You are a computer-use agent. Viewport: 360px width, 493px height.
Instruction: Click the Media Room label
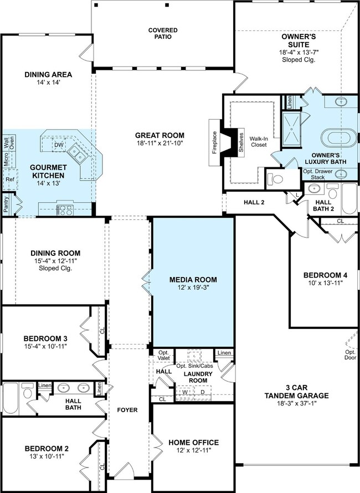click(193, 280)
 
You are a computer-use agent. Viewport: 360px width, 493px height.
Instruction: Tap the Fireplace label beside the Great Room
click(215, 142)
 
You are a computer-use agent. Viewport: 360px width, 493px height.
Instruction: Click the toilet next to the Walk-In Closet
click(275, 179)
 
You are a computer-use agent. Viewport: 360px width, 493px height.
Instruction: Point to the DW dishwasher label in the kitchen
click(59, 145)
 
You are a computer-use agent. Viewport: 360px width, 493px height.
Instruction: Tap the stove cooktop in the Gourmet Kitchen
click(65, 210)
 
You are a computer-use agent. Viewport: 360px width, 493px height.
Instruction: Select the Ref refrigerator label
click(10, 179)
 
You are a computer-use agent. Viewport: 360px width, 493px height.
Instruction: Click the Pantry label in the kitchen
click(6, 204)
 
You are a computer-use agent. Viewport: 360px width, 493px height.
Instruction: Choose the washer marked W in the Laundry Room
click(185, 392)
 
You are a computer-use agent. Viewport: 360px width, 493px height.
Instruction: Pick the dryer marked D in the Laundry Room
click(203, 392)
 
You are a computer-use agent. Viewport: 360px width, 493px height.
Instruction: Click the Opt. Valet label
click(163, 355)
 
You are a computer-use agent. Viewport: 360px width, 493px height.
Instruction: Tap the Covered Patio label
click(163, 33)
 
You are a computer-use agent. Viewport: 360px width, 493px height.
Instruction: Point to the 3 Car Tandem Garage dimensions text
click(296, 403)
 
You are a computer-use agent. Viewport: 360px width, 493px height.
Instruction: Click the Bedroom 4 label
click(325, 275)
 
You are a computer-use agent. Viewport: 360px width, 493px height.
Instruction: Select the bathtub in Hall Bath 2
click(349, 199)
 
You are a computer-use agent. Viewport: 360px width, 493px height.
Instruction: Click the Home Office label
click(193, 443)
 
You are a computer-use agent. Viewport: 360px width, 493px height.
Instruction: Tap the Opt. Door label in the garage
click(350, 355)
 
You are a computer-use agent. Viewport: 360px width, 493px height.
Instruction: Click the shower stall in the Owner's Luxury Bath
click(292, 129)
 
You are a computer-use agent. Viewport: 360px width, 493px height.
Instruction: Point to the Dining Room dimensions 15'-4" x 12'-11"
click(55, 261)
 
